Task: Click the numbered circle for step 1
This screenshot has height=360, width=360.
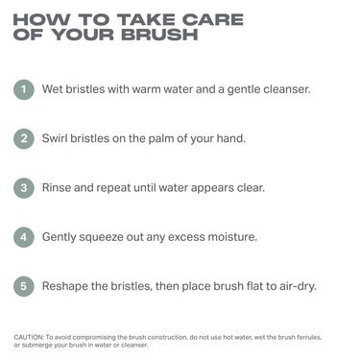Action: [x=24, y=90]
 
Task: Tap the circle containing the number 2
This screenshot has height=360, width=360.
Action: [x=24, y=138]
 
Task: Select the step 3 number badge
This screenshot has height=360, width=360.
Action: [x=24, y=187]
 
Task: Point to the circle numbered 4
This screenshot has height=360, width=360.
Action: [x=24, y=236]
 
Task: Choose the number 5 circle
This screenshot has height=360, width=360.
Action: [x=24, y=285]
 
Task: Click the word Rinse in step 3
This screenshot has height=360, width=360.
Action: [x=59, y=187]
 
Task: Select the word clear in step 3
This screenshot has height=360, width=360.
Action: [x=266, y=187]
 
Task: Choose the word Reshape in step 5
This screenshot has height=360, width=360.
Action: [x=66, y=285]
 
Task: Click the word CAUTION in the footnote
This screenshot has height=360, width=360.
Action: [x=29, y=337]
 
